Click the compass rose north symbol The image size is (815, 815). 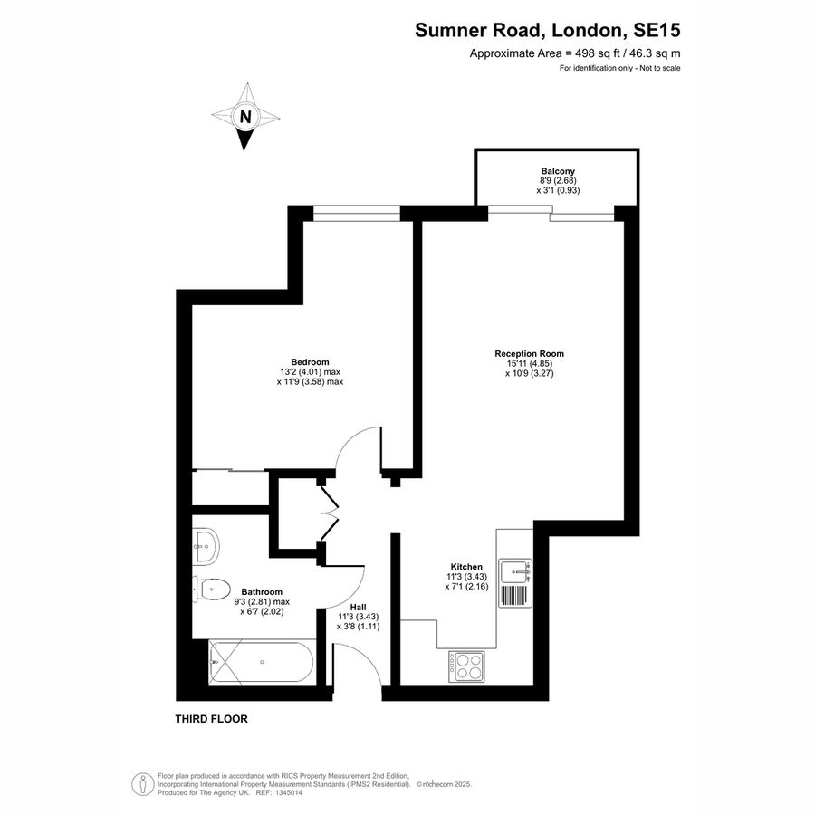(245, 117)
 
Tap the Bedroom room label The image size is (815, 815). (310, 361)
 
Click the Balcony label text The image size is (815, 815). (558, 171)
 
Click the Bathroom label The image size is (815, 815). (261, 591)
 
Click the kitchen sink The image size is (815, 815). (520, 570)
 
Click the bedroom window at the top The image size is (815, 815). (357, 213)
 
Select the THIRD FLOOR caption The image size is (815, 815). (211, 719)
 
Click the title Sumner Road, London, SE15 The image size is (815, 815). (547, 30)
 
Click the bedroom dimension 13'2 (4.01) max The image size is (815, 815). (310, 371)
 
